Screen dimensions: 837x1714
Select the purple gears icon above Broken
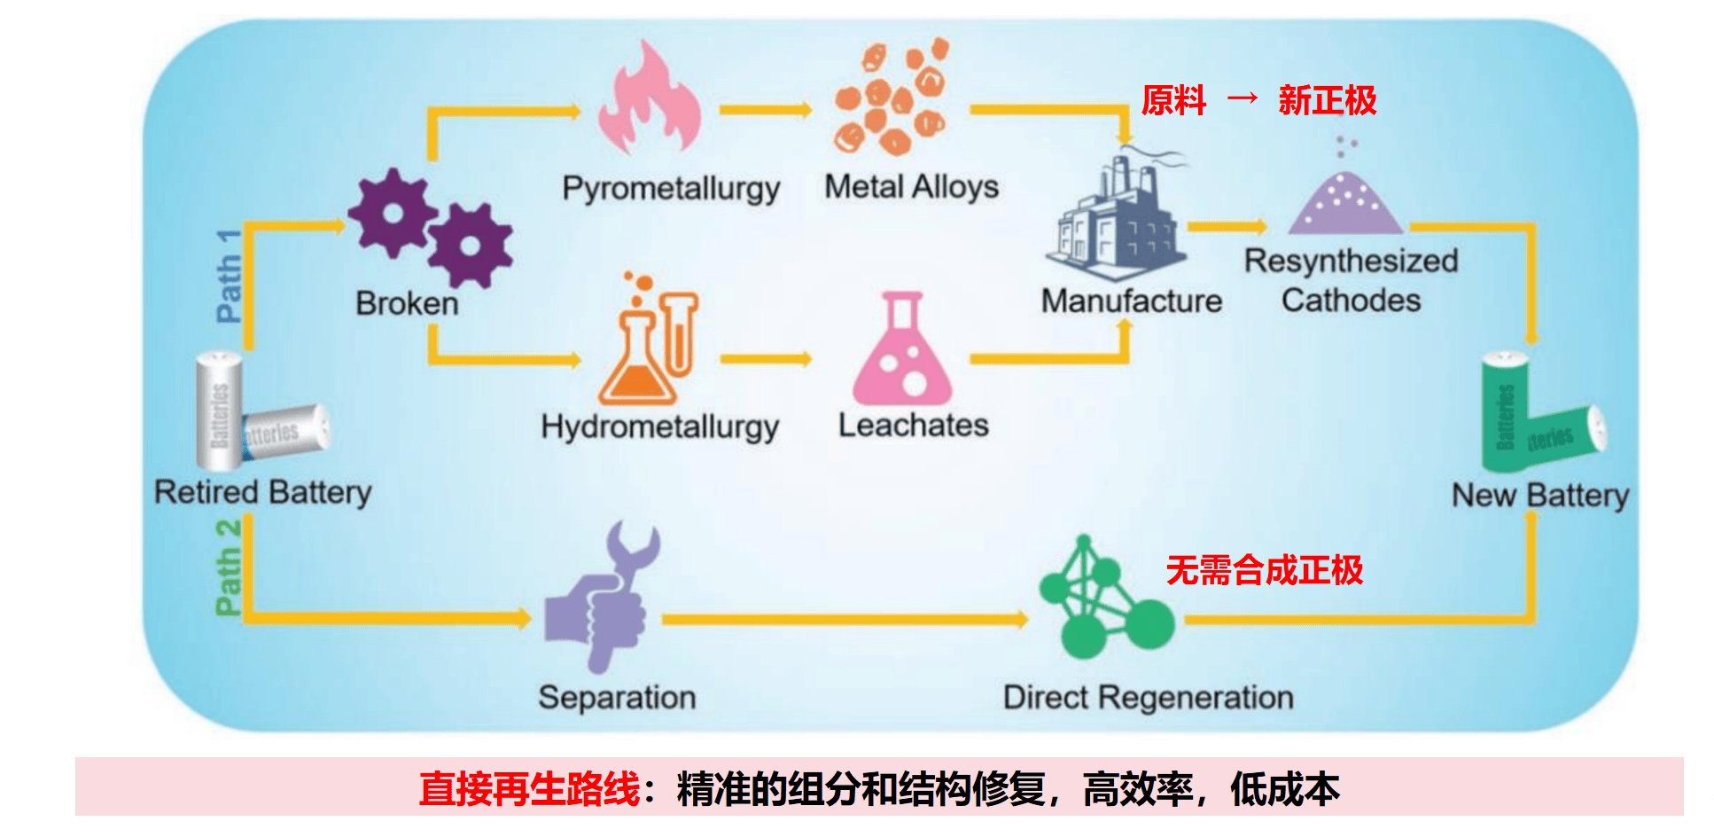(430, 227)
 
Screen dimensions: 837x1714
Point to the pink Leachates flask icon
(901, 352)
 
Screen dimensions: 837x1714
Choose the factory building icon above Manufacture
(1117, 218)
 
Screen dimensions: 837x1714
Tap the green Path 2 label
(228, 567)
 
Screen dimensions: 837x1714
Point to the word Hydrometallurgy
(659, 426)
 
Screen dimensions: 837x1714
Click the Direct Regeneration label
(1148, 698)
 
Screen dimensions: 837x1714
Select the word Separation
(617, 698)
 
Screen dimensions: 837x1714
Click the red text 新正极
(1327, 101)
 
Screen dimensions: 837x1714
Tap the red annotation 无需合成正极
(1264, 570)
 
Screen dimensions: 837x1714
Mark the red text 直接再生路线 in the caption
(529, 788)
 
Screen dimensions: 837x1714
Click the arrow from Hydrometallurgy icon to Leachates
(767, 359)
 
